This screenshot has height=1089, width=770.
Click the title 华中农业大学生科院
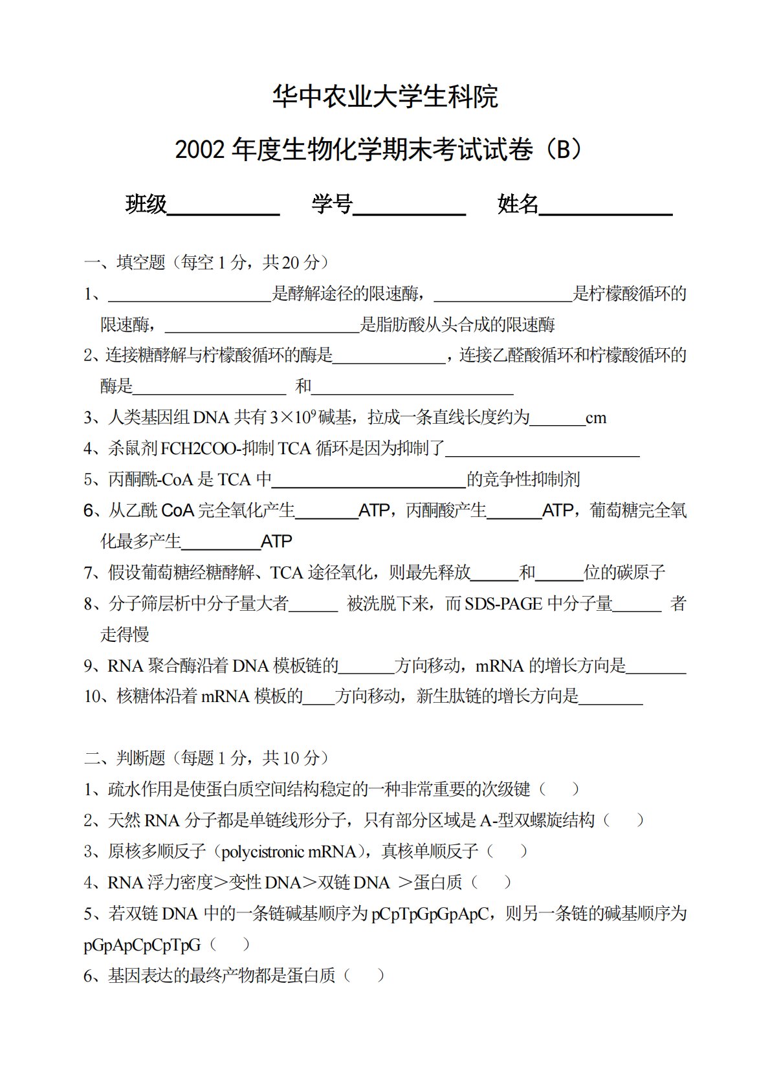coord(385,97)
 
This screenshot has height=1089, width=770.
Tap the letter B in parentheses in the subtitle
coord(564,150)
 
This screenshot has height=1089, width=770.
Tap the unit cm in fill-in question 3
coord(596,418)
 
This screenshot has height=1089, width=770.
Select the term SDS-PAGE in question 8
coord(504,604)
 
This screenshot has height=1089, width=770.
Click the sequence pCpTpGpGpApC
coord(430,914)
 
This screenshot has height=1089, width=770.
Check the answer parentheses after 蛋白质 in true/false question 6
coord(364,976)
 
